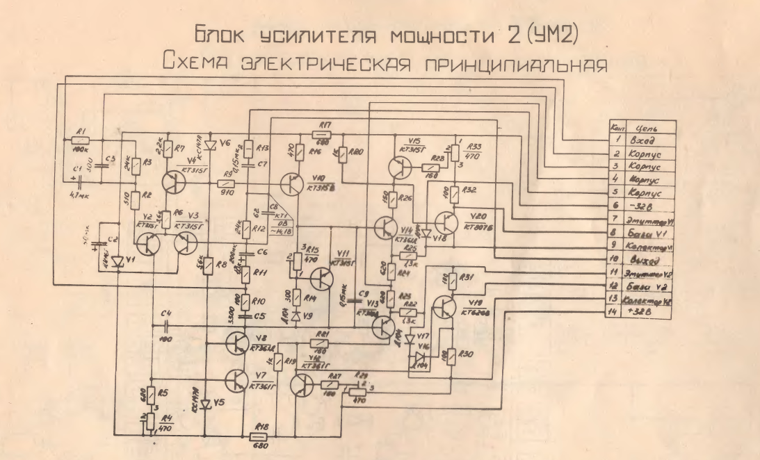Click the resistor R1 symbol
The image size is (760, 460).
[79, 140]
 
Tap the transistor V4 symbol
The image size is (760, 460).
[176, 182]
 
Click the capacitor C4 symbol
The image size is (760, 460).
[167, 325]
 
